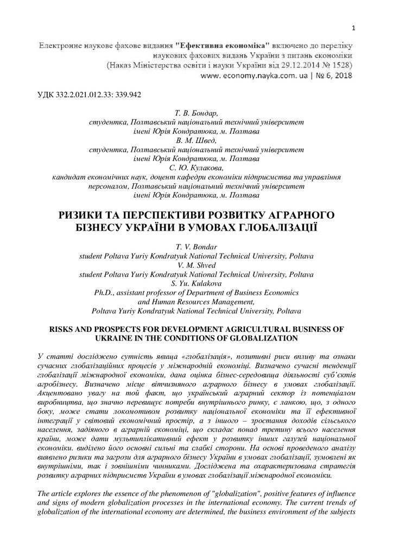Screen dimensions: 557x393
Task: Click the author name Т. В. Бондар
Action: pyautogui.click(x=196, y=114)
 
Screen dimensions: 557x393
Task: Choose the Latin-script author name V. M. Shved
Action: pyautogui.click(x=196, y=265)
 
